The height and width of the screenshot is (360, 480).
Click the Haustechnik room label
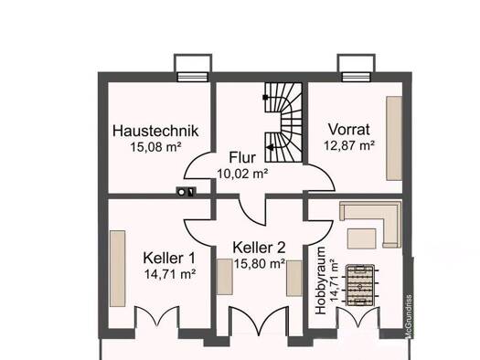155,131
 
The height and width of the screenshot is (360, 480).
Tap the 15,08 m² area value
155,147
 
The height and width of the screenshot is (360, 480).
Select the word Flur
242,157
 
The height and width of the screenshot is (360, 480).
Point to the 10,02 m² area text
242,174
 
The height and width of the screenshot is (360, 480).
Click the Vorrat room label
349,130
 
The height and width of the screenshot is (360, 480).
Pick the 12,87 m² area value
349,145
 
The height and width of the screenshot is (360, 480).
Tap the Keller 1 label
169,259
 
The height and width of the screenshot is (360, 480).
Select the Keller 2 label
259,248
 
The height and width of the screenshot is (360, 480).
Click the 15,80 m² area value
260,264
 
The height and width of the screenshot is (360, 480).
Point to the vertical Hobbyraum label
321,281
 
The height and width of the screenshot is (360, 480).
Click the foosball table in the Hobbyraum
360,285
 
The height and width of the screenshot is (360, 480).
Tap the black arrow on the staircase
271,147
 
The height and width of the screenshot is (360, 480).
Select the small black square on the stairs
265,97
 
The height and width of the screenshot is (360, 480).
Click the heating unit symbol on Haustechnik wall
187,192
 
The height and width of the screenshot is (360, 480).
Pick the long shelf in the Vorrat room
394,138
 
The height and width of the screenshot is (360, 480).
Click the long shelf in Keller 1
118,269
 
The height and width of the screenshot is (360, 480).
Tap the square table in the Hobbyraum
361,238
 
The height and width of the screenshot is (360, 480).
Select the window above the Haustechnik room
193,77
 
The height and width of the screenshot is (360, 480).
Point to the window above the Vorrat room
357,77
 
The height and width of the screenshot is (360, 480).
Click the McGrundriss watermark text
409,316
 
